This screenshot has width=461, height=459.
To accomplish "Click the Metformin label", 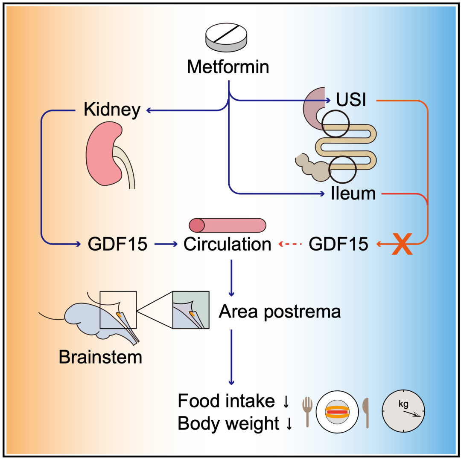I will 228,67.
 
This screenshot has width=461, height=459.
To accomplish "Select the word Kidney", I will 112,110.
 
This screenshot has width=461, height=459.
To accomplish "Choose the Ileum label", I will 353,194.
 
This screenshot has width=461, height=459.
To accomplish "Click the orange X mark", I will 402,244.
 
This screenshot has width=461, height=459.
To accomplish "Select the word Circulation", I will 228,244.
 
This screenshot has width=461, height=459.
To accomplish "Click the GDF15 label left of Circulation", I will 117,244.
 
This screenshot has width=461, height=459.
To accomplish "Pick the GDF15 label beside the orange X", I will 338,244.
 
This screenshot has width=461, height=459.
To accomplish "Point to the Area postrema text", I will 280,312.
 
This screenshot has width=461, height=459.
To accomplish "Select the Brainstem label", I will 100,357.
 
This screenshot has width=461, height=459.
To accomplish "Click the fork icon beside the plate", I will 307,411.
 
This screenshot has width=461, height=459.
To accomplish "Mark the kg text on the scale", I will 403,404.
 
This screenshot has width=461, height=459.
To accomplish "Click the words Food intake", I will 226,401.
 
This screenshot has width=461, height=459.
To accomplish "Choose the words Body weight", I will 228,424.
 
